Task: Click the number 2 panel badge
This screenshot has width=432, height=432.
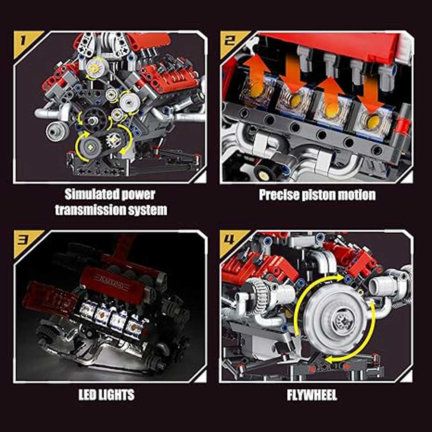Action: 230,41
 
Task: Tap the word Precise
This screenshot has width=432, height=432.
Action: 279,195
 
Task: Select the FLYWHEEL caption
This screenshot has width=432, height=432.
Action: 312,395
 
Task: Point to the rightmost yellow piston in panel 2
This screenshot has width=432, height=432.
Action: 374,122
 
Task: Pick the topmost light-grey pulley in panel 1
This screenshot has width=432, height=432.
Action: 97,67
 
